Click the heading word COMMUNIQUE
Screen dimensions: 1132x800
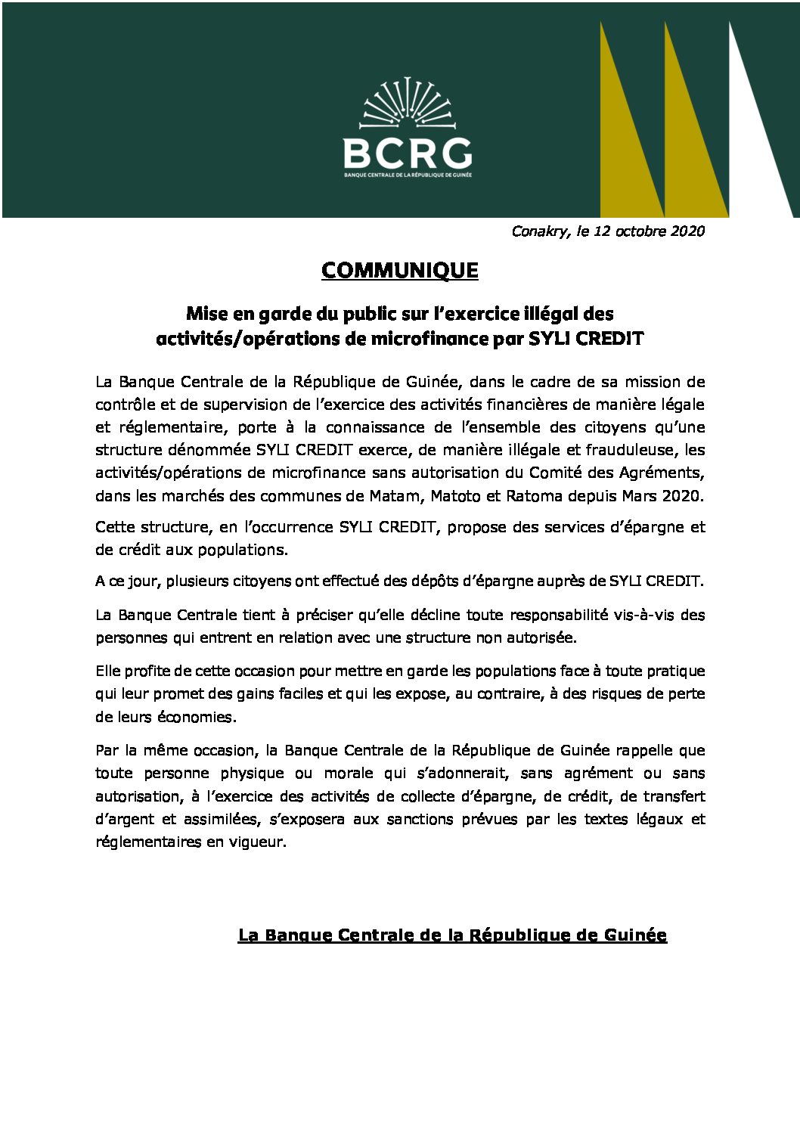(x=399, y=271)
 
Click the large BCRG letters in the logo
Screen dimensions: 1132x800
(x=408, y=154)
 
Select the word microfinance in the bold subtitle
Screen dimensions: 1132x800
(x=429, y=339)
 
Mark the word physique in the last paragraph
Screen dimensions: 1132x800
(x=252, y=774)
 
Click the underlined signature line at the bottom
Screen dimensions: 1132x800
(x=452, y=935)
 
